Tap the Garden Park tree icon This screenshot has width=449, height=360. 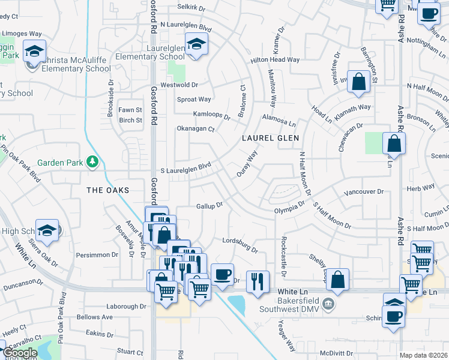92,161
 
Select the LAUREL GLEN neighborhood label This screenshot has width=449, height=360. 270,137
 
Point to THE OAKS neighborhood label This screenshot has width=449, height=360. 108,190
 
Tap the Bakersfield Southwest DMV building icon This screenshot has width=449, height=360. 328,302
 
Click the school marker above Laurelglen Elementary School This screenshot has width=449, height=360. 196,44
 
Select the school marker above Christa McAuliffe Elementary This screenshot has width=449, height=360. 35,50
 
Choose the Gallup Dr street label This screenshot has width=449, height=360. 209,205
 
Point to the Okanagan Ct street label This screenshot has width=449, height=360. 195,128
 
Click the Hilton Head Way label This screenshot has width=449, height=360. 275,60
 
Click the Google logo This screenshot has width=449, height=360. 19,353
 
